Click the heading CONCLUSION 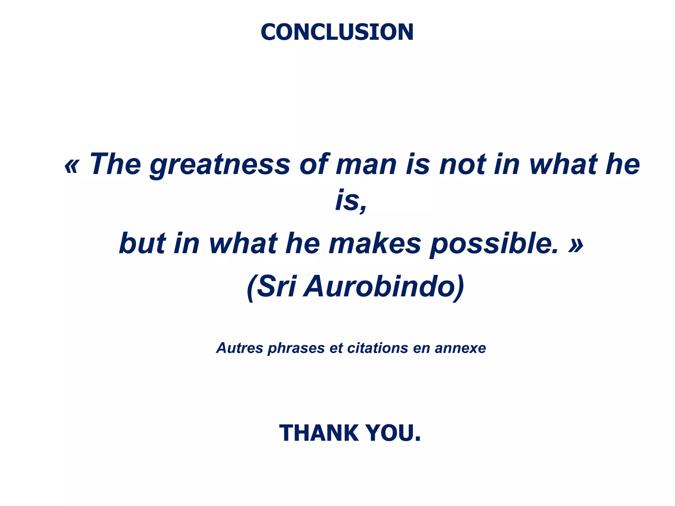(x=337, y=32)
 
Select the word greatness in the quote (x=220, y=165)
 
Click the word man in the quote (x=366, y=165)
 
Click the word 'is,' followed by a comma (x=351, y=201)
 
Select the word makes (x=375, y=244)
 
